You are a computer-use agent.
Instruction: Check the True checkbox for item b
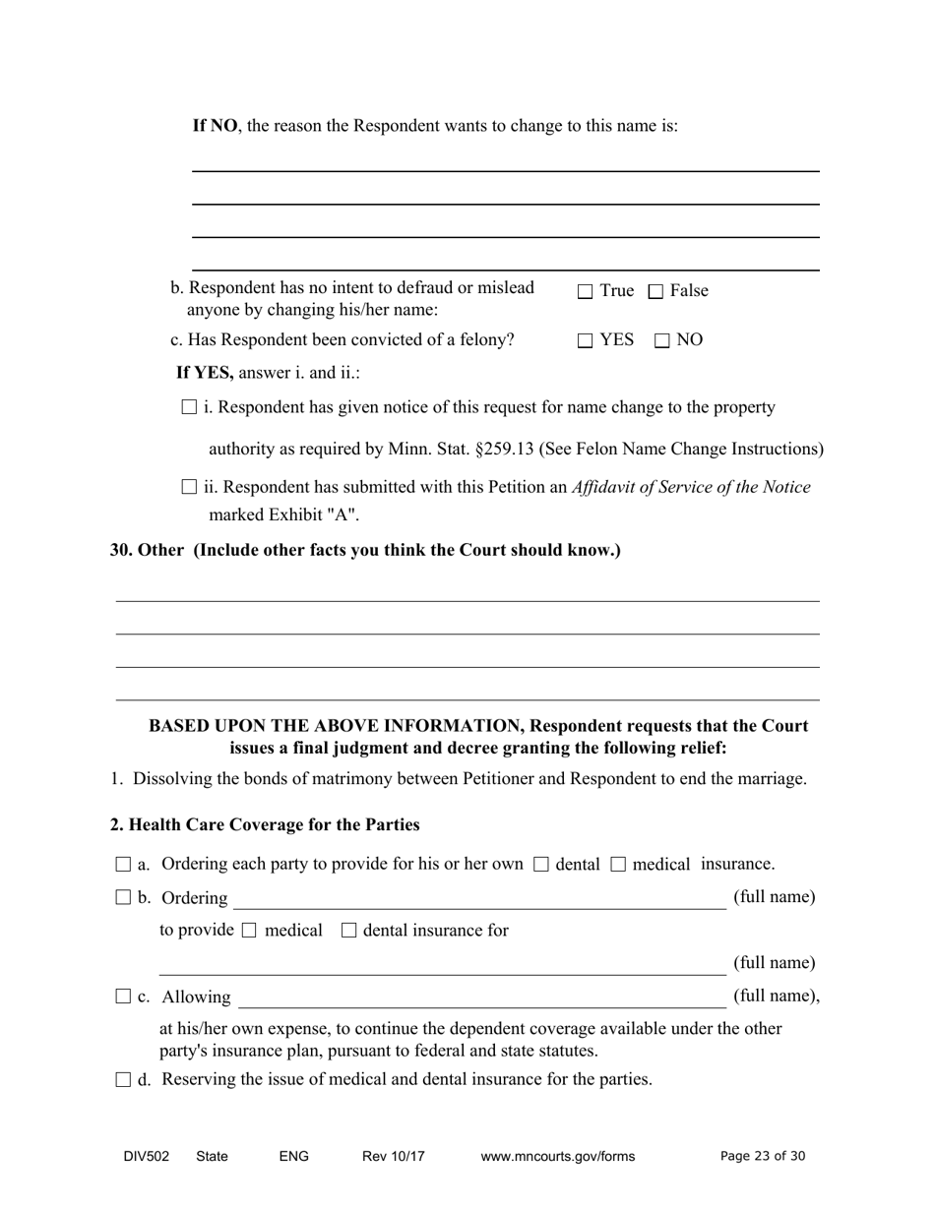(586, 291)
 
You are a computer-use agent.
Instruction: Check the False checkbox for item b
(656, 291)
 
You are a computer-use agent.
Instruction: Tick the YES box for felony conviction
(586, 340)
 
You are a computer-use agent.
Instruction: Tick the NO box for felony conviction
(662, 340)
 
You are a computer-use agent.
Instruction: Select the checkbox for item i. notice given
(190, 407)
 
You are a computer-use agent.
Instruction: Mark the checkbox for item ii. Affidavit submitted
(190, 487)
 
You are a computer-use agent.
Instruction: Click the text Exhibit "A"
(316, 514)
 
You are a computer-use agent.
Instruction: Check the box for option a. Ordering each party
(123, 865)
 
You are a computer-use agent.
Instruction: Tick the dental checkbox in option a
(540, 865)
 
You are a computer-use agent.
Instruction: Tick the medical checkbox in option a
(618, 865)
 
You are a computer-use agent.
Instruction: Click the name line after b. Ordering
(478, 900)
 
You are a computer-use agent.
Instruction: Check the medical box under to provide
(249, 931)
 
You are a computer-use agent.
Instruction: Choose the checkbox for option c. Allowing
(123, 997)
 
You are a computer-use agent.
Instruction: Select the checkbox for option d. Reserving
(123, 1079)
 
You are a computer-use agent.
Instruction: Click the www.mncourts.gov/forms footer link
(557, 1157)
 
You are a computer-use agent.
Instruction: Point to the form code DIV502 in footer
(147, 1157)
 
